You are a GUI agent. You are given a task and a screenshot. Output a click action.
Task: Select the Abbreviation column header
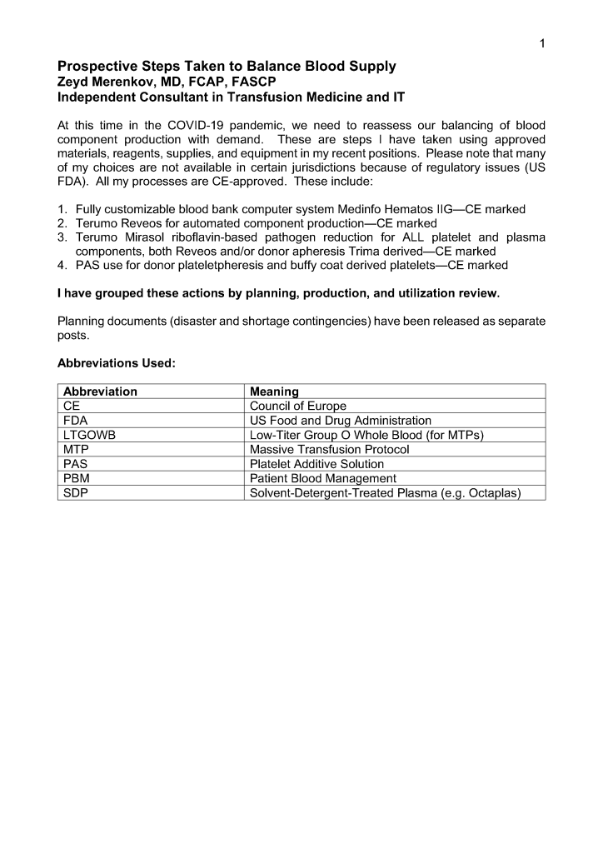[100, 392]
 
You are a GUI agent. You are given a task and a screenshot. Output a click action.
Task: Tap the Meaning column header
[274, 392]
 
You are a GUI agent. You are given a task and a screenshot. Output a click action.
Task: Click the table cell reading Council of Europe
[297, 406]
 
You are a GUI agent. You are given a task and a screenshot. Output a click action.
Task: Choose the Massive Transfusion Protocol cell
[329, 450]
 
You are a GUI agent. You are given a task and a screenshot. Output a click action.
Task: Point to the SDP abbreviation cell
[76, 493]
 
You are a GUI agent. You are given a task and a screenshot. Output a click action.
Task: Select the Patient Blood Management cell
[322, 479]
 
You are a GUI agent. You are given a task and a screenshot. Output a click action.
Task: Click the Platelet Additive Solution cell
[316, 464]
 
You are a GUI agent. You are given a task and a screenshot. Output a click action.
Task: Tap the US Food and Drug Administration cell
[340, 421]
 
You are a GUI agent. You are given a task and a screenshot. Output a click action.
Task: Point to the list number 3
[62, 237]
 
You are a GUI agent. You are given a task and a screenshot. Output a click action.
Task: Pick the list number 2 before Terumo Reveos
[62, 223]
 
